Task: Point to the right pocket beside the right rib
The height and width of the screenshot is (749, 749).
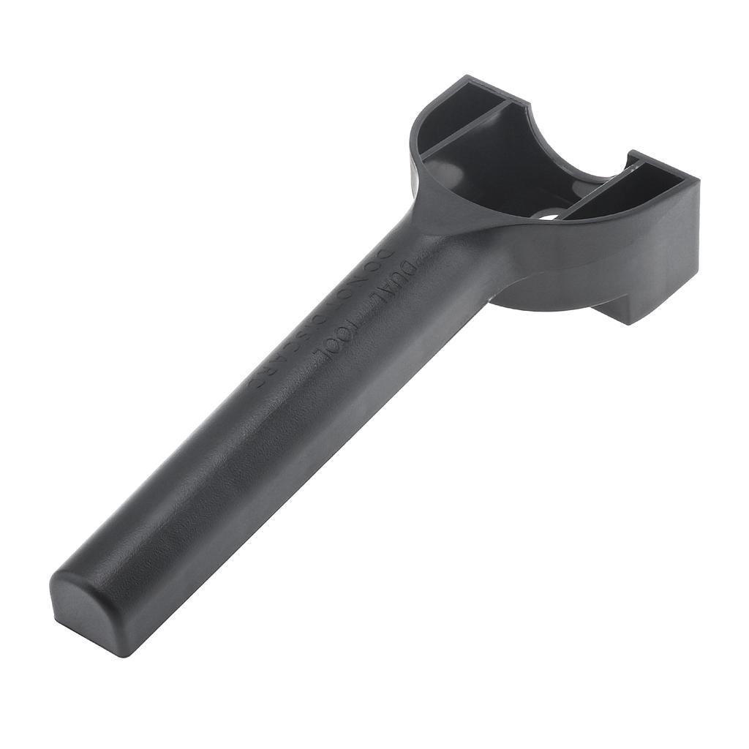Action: point(644,183)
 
